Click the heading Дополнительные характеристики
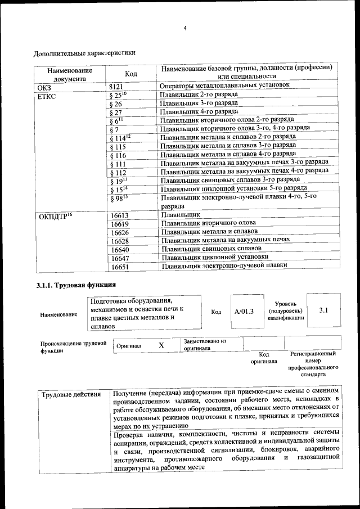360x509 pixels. pyautogui.click(x=84, y=54)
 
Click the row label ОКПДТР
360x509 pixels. pyautogui.click(x=55, y=216)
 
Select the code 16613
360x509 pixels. pyautogui.click(x=120, y=215)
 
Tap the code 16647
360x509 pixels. pyautogui.click(x=120, y=257)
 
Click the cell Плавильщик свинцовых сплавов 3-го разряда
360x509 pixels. pyautogui.click(x=229, y=180)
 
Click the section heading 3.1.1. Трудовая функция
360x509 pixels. pyautogui.click(x=76, y=285)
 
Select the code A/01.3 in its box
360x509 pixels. pyautogui.click(x=244, y=311)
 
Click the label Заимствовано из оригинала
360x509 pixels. pyautogui.click(x=205, y=344)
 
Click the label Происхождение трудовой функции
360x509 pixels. pyautogui.click(x=73, y=346)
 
